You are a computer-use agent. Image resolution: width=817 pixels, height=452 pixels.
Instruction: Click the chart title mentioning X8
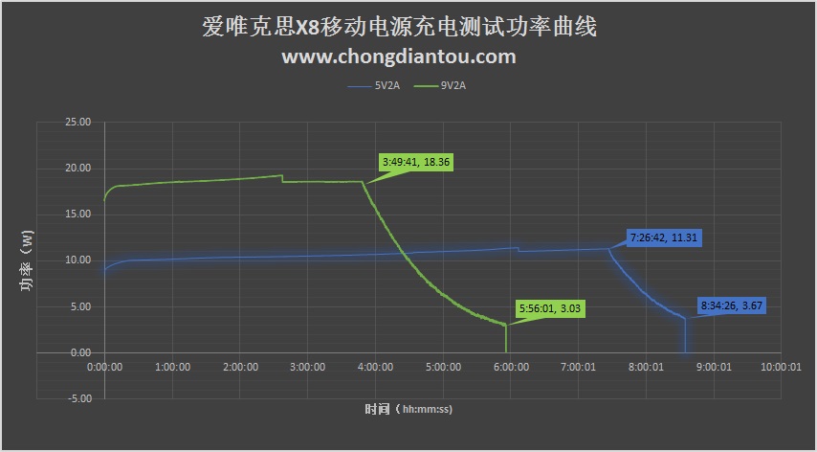coord(399,27)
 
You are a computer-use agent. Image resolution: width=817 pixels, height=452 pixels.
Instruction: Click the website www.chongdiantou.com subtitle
coord(399,56)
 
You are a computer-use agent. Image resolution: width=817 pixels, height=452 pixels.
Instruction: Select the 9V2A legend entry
coord(452,86)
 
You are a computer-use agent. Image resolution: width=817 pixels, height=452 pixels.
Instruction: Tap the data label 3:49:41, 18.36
coord(415,162)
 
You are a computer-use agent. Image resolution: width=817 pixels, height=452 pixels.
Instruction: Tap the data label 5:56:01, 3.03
coord(550,308)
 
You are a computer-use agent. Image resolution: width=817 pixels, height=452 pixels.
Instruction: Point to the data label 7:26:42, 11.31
coord(665,237)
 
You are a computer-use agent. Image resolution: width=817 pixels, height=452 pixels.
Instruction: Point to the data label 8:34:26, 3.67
coord(732,305)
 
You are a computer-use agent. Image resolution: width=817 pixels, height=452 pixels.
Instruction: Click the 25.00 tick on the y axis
coord(77,123)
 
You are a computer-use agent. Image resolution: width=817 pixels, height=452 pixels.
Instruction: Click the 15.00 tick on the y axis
coord(77,215)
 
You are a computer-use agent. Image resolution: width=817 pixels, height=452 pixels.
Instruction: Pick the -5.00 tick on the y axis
coord(77,398)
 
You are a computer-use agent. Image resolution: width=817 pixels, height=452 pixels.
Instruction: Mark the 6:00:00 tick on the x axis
coord(510,367)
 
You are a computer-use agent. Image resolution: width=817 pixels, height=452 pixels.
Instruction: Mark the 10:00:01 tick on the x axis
coord(781,367)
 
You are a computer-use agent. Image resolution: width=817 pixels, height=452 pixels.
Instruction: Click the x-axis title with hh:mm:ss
coord(408,409)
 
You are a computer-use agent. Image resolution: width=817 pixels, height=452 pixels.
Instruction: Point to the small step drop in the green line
coord(282,178)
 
